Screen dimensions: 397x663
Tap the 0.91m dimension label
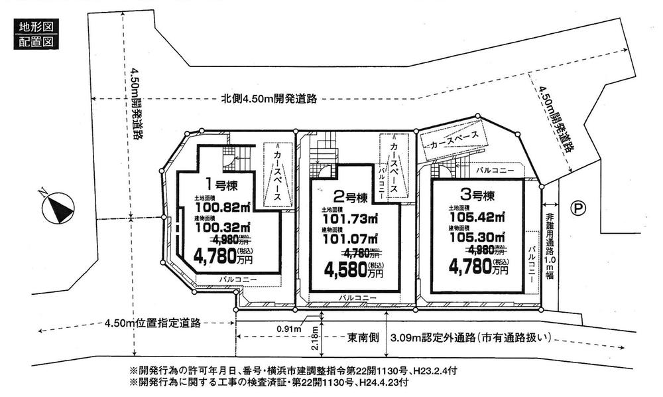coord(290,328)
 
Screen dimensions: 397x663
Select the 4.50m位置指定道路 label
coord(152,324)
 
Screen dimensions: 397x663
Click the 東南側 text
coord(362,337)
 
